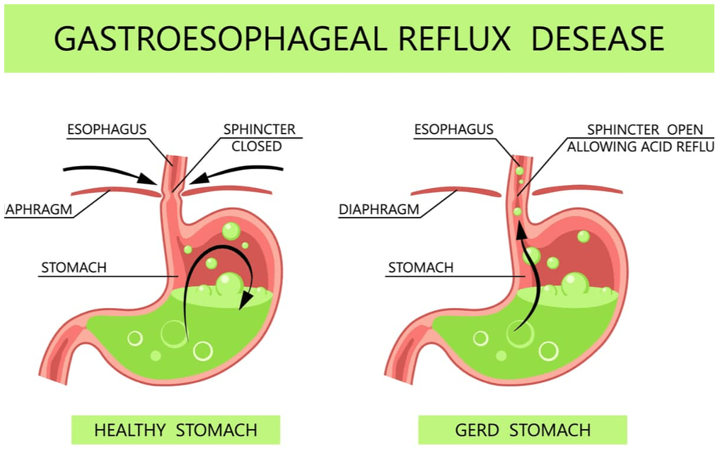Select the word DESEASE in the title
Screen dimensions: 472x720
(598, 39)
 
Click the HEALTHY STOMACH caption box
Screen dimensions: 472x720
(175, 430)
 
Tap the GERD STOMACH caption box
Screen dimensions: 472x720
(523, 430)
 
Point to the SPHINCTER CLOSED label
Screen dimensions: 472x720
(259, 138)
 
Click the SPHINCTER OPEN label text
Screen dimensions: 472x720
(645, 130)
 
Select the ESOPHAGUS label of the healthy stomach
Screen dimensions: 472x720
(107, 129)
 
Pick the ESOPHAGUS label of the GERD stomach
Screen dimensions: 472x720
(453, 129)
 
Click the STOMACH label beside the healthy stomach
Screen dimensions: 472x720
(74, 268)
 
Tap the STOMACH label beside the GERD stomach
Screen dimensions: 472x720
(420, 268)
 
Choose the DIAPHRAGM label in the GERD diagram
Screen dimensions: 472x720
(378, 210)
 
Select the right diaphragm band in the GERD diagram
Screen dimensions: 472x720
(576, 189)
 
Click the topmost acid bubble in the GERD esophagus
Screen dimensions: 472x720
(519, 170)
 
